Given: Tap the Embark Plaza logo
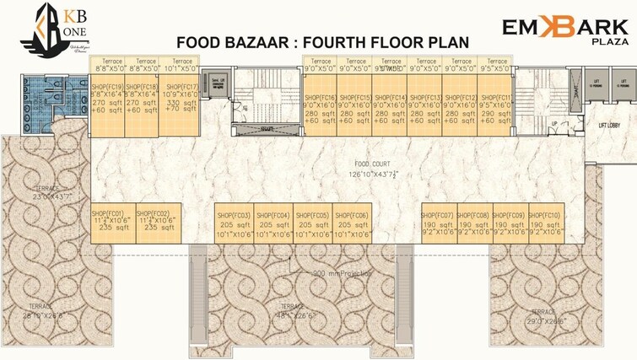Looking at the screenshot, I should point(565,31).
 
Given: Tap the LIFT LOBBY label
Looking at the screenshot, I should point(610,125).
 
